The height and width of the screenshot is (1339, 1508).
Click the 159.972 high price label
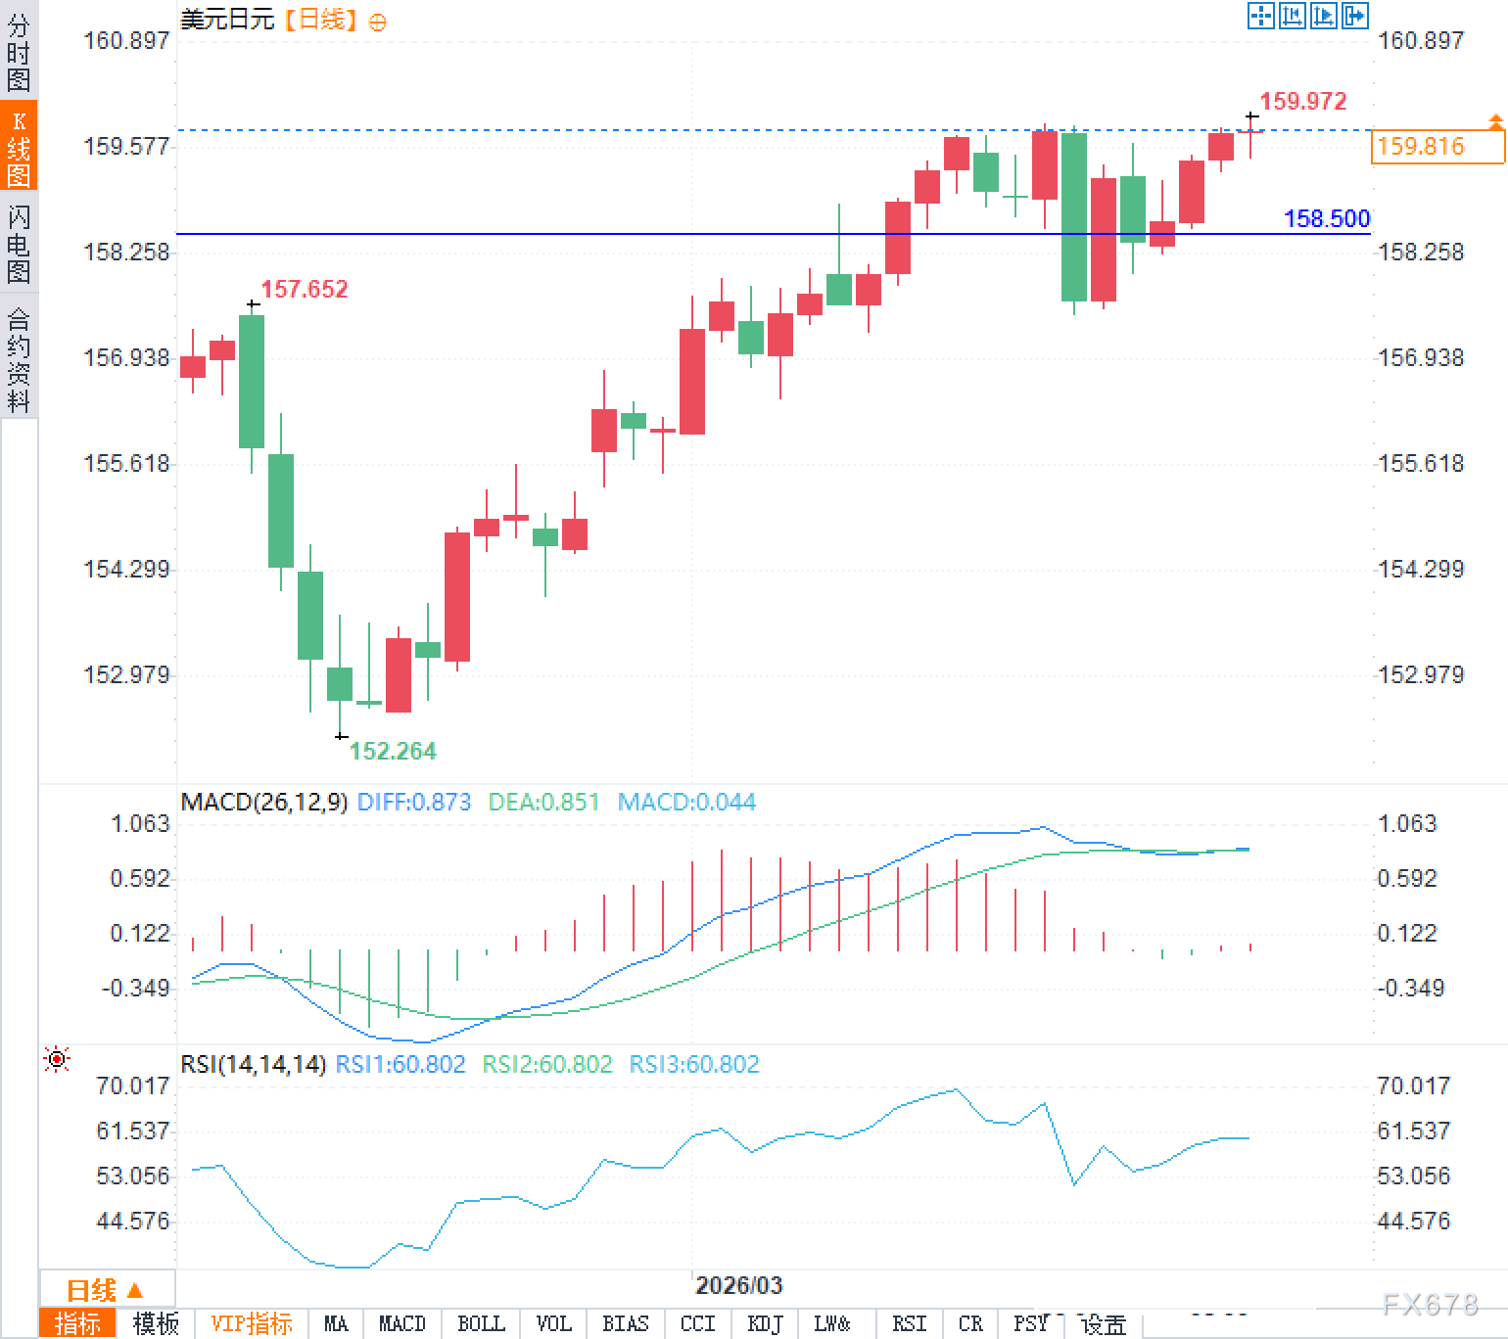(1302, 101)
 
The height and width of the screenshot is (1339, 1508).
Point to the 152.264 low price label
(393, 751)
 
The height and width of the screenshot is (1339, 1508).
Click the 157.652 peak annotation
(305, 289)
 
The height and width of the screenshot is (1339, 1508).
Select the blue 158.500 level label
(1327, 218)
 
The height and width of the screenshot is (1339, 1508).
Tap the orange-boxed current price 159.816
(1421, 147)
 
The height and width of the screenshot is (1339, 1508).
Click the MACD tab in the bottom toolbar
(401, 1324)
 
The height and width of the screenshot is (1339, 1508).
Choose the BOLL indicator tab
(481, 1324)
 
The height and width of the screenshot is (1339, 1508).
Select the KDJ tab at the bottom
(765, 1324)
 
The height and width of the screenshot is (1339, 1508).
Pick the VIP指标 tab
(252, 1324)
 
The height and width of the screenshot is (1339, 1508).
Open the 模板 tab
(156, 1324)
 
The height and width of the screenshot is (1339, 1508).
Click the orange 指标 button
(77, 1324)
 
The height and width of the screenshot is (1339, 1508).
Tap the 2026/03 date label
(738, 1285)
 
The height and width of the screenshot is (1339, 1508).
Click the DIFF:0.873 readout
(414, 803)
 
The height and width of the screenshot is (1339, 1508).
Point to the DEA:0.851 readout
(543, 803)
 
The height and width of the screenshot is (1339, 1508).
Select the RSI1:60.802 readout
(401, 1064)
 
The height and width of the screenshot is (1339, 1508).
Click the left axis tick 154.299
(126, 569)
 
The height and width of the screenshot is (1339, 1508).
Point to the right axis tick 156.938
(1421, 357)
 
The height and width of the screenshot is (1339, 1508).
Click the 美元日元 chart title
(227, 20)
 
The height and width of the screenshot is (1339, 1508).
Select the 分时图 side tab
(19, 53)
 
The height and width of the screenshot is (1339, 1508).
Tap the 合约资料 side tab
(19, 360)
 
